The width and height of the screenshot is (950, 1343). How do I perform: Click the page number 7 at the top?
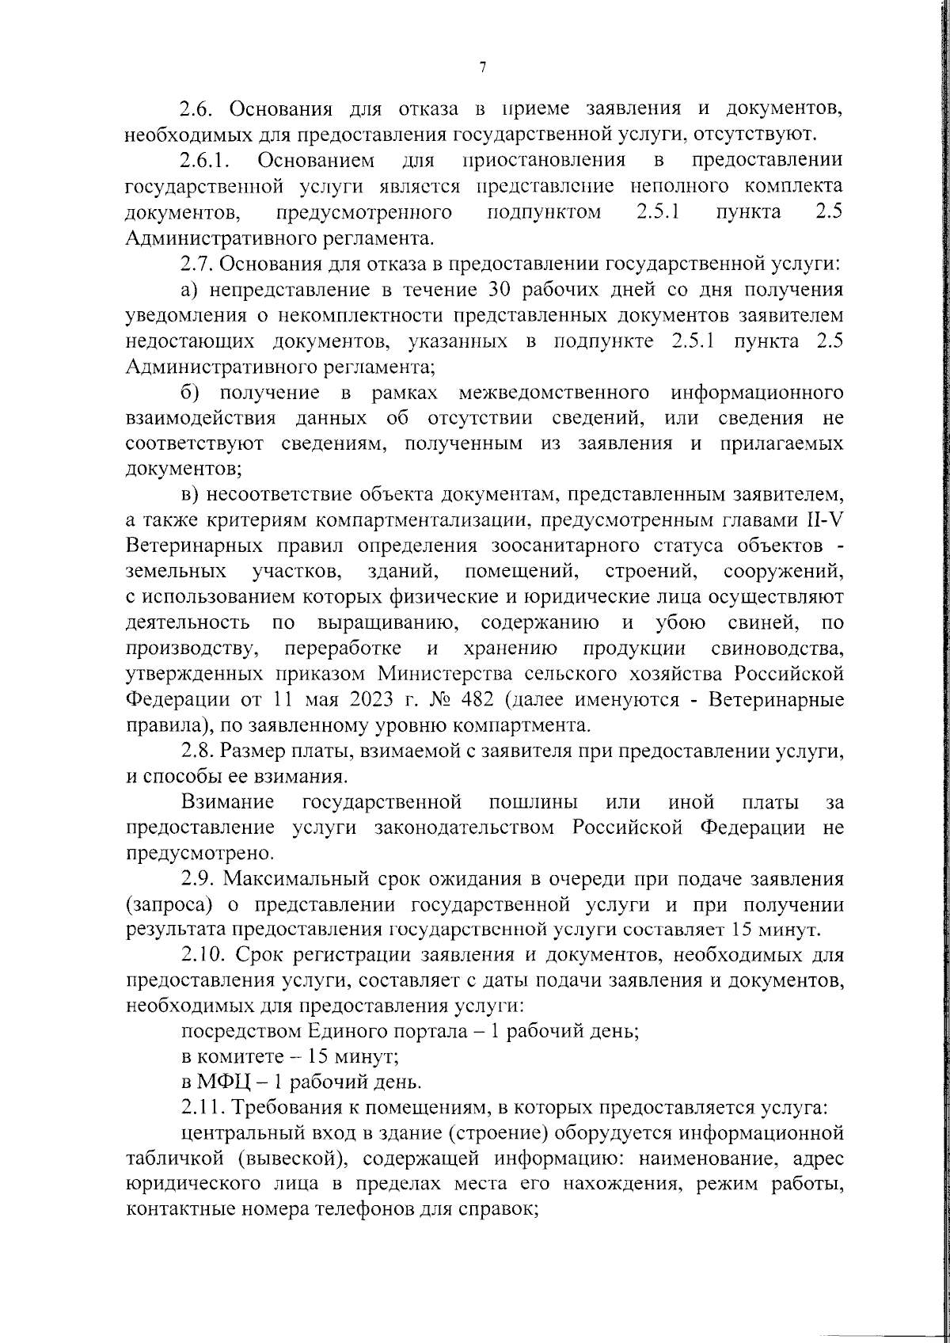click(482, 68)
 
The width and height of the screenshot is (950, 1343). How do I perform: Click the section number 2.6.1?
click(204, 161)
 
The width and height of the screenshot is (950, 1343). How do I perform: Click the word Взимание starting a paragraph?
click(228, 803)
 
